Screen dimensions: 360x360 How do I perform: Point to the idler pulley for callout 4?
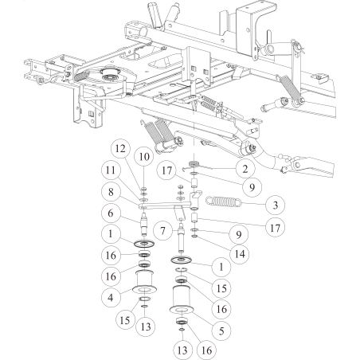pos(145,282)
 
